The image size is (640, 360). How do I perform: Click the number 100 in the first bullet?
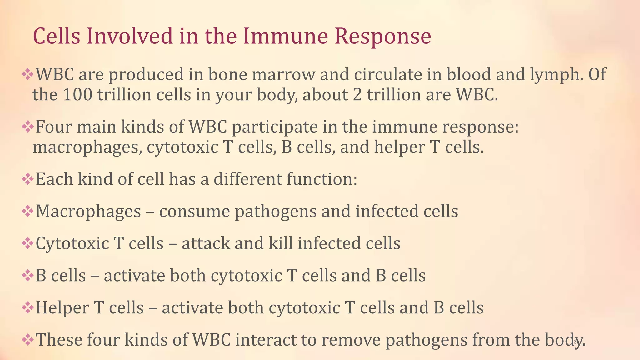(x=77, y=95)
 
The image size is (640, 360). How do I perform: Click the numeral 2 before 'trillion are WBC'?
(x=357, y=95)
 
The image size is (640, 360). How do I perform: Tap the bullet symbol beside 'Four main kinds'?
(x=27, y=127)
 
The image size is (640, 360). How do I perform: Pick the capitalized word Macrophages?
(x=88, y=212)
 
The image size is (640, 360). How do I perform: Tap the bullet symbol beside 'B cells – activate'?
(x=27, y=276)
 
